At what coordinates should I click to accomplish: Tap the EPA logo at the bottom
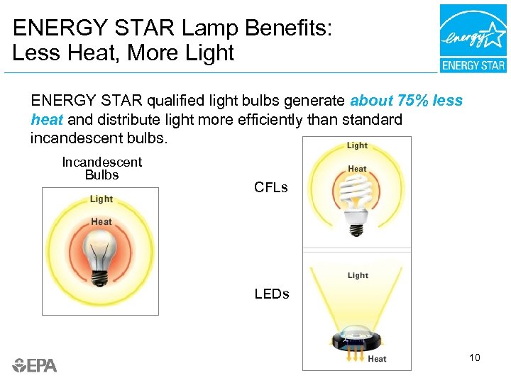click(x=35, y=365)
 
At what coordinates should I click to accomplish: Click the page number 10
click(x=474, y=357)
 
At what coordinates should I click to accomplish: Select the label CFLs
click(x=271, y=187)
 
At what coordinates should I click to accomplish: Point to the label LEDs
click(x=272, y=294)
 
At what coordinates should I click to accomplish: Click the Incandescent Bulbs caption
click(x=101, y=169)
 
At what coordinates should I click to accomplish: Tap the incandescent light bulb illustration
click(x=100, y=257)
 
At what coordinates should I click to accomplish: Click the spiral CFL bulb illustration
click(x=356, y=202)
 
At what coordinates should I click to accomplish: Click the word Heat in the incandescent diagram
click(x=101, y=221)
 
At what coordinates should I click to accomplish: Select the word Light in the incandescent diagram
click(x=101, y=199)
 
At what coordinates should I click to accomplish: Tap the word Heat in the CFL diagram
click(x=357, y=169)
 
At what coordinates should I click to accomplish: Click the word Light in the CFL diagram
click(x=357, y=145)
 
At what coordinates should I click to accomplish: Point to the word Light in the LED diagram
click(x=358, y=275)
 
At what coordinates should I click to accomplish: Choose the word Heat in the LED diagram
click(x=377, y=359)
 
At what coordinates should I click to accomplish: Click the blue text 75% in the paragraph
click(x=410, y=101)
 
